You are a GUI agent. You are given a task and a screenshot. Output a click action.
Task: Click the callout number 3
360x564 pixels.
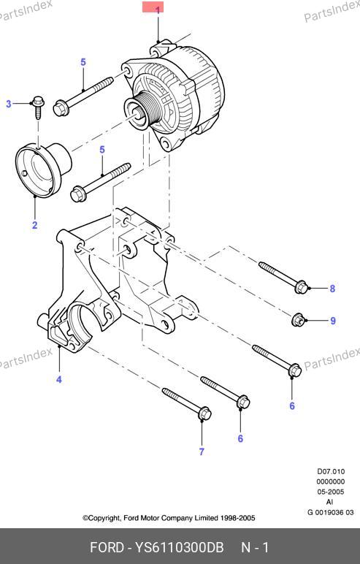9,104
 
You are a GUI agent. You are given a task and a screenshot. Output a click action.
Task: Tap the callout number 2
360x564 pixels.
34,225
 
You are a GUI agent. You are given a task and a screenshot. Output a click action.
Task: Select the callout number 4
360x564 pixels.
59,379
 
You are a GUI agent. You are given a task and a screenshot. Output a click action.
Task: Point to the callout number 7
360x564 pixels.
202,451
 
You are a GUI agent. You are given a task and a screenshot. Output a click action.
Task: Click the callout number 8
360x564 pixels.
332,289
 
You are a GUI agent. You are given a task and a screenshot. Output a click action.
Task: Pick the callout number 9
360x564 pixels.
333,321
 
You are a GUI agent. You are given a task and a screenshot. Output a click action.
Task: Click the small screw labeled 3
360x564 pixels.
38,107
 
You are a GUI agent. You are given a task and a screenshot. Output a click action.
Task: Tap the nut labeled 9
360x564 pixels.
297,319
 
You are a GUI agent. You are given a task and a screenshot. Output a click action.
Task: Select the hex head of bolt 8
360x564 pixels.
301,286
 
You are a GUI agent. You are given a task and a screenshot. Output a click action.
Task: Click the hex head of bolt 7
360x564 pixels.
204,414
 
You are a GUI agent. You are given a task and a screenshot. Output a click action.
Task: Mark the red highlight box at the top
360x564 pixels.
153,7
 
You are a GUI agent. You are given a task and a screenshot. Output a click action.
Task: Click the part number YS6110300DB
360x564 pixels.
179,547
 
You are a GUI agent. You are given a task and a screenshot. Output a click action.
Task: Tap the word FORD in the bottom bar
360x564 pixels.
107,547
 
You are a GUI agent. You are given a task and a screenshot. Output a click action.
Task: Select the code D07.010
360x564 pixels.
331,471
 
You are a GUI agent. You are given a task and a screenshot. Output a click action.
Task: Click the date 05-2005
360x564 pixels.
331,492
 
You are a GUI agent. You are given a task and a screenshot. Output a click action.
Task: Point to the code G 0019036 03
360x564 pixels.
331,512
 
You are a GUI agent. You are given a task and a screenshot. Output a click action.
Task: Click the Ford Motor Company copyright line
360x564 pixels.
169,518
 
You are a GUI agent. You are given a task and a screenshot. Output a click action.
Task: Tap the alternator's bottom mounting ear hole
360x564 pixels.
166,144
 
